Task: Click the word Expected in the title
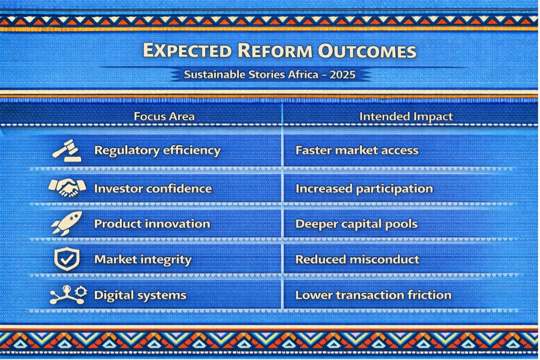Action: [x=187, y=50]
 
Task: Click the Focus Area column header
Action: [x=164, y=116]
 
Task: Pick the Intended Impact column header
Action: [x=406, y=116]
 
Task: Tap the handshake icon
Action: [x=67, y=187]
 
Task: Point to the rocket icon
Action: [x=67, y=223]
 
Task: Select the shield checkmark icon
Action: [x=67, y=258]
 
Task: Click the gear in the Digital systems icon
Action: [x=81, y=291]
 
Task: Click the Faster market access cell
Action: [x=357, y=150]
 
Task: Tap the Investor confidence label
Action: [x=153, y=189]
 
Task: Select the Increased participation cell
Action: [x=364, y=189]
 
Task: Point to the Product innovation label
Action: [x=152, y=224]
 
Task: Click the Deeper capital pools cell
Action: [x=357, y=224]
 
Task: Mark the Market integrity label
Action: [x=143, y=260]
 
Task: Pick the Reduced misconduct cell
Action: [x=357, y=259]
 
